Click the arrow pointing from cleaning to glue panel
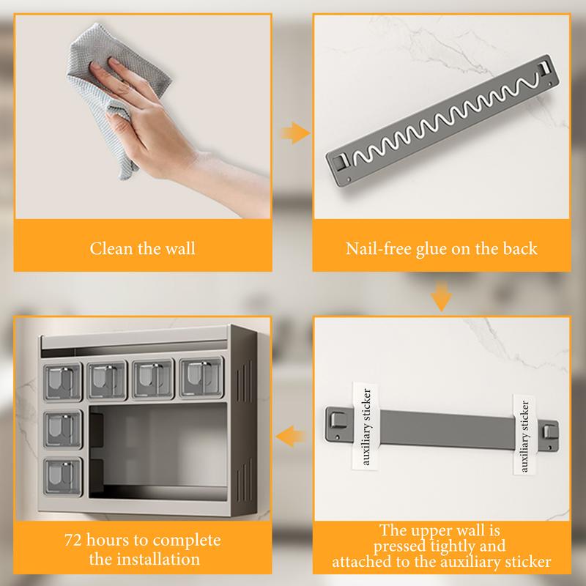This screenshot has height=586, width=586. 295,133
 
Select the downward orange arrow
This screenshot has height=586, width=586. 442,297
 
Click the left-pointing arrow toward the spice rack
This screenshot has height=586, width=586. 291,436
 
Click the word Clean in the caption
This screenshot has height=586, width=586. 111,249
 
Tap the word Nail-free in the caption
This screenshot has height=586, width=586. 378,249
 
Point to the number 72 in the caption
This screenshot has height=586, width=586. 73,541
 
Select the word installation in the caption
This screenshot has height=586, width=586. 158,560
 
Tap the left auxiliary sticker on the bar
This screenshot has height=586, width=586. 366,426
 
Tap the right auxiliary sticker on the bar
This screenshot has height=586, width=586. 524,434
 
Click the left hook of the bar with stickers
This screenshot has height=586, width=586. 337,420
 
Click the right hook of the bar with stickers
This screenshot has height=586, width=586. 549,431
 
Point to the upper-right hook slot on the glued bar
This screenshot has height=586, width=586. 544,69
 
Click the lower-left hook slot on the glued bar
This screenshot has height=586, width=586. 341,161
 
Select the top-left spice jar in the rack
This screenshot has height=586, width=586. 62,382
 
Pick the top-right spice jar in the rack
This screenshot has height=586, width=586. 201,377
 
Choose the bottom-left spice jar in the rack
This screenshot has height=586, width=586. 63,476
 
